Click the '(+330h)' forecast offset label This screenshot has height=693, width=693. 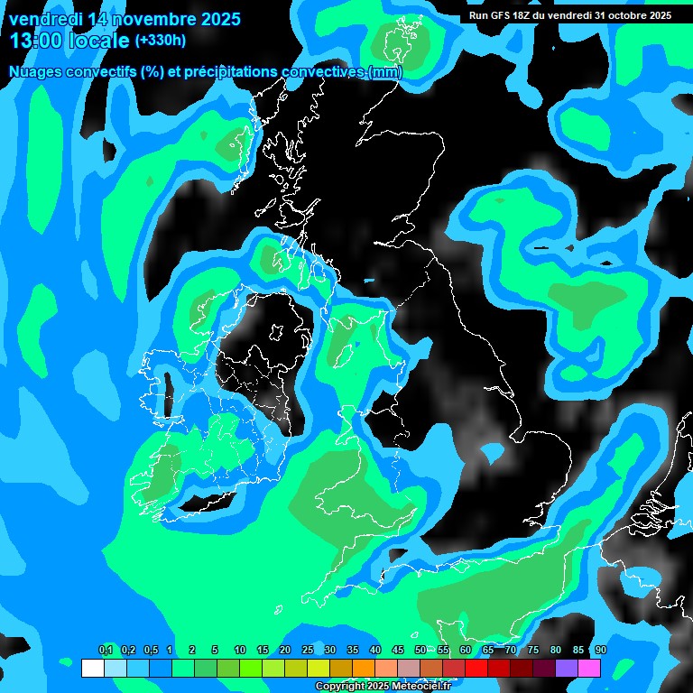[161, 41]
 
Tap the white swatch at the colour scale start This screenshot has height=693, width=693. [92, 669]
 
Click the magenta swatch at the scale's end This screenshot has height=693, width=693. [589, 669]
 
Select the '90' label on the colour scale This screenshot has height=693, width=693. [600, 651]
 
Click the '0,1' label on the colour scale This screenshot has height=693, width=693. [106, 651]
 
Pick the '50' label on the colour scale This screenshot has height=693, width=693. [420, 651]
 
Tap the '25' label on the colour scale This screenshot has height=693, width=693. [308, 651]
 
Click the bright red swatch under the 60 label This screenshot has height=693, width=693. [476, 669]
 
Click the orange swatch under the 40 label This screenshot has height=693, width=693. [364, 669]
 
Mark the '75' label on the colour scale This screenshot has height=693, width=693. [533, 651]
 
